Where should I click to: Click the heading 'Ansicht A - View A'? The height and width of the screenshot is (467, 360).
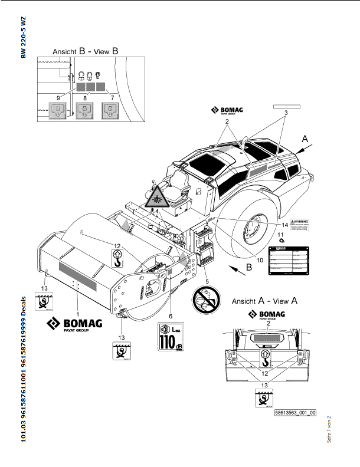tap(264, 300)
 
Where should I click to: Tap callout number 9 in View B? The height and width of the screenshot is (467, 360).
tap(58, 96)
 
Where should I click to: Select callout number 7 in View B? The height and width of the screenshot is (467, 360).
tap(112, 96)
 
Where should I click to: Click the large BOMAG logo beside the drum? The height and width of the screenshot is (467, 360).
tap(75, 325)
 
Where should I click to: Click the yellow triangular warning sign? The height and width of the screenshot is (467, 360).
tap(156, 199)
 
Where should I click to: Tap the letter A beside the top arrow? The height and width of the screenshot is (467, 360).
tap(305, 139)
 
